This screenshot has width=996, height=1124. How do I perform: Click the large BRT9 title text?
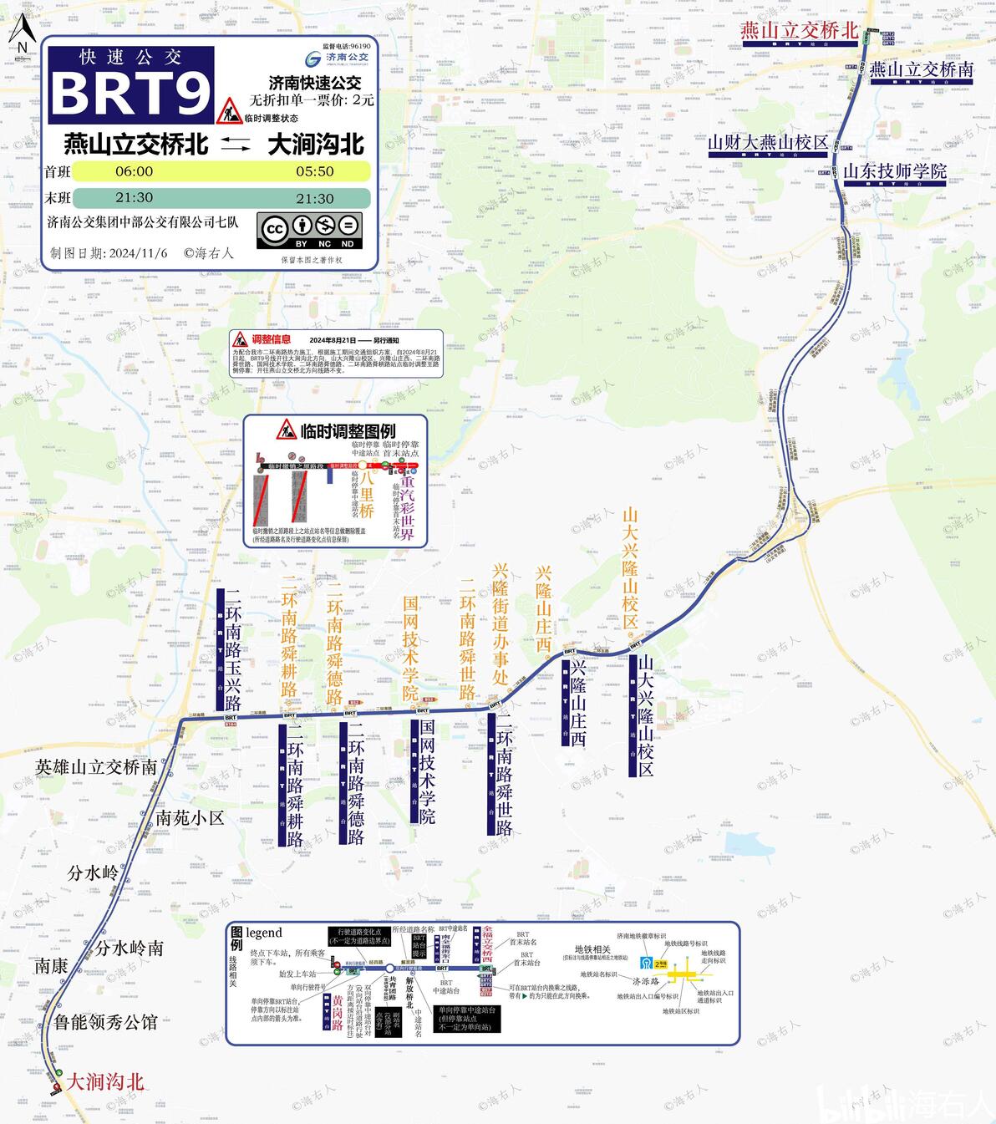130,93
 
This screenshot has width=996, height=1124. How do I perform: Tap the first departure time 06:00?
134,171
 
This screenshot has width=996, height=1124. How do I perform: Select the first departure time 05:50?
314,171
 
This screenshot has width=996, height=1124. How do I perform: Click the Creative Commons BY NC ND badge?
312,229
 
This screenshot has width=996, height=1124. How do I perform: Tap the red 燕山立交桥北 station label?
800,31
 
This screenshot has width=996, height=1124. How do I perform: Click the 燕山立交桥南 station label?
921,70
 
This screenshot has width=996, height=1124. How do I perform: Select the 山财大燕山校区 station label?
768,143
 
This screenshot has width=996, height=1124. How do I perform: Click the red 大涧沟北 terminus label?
105,1082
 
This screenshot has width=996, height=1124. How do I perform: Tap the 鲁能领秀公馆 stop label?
105,1022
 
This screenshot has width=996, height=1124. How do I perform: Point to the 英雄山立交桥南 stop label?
96,767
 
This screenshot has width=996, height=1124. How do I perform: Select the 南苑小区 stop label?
190,818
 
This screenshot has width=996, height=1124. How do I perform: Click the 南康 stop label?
50,966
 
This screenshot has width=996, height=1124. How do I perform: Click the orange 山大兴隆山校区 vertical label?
631,568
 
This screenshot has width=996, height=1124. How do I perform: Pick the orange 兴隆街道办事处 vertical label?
501,623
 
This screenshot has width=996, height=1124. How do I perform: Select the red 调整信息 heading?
272,339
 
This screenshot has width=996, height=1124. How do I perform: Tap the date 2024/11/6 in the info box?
138,253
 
